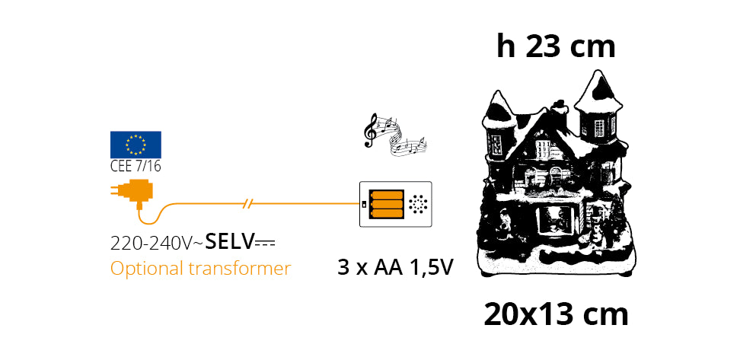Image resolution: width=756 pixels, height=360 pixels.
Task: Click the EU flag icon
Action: click(x=136, y=144)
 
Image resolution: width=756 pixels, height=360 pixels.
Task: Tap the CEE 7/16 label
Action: click(x=136, y=167)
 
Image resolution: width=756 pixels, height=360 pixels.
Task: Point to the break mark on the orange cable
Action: click(x=247, y=204)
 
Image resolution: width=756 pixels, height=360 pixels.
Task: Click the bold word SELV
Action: click(x=229, y=243)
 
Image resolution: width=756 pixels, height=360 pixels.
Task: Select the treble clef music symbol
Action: click(x=372, y=129)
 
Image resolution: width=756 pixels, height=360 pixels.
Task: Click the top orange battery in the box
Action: click(x=386, y=194)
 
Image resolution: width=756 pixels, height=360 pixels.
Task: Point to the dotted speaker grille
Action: click(x=417, y=204)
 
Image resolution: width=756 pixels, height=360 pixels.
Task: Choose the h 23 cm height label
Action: click(x=556, y=46)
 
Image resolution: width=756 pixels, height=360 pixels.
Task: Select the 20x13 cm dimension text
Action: click(x=556, y=314)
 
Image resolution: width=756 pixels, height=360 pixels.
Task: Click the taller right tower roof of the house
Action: click(x=599, y=91)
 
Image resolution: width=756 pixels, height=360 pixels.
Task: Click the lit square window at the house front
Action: click(x=555, y=219)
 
